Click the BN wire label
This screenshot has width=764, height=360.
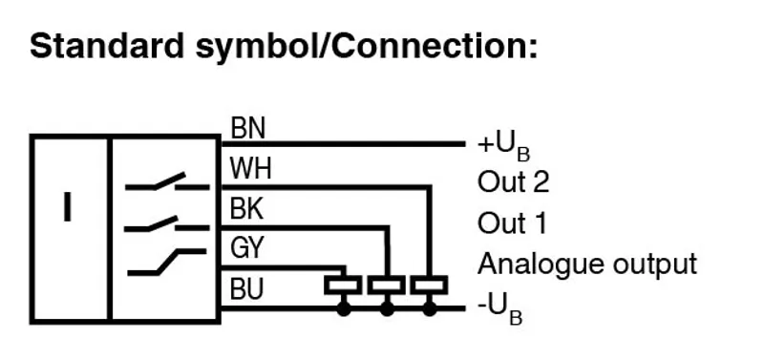(248, 129)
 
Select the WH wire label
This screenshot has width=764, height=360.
(250, 169)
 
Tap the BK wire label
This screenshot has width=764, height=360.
(246, 209)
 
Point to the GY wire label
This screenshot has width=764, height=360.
(246, 247)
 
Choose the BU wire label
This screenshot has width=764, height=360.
(246, 288)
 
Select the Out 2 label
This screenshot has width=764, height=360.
(513, 182)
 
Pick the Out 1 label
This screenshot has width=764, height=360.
(512, 223)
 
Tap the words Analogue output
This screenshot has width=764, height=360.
(587, 265)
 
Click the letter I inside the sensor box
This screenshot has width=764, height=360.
(67, 207)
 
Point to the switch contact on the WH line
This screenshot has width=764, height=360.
(167, 182)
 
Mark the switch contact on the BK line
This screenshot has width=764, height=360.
(167, 224)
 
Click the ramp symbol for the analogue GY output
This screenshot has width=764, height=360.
(166, 262)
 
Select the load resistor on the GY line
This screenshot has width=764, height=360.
(344, 285)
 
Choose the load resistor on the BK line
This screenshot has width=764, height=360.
(387, 285)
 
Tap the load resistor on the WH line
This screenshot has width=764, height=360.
(429, 285)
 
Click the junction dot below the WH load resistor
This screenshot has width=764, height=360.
(429, 308)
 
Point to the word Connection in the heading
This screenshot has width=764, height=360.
(432, 46)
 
